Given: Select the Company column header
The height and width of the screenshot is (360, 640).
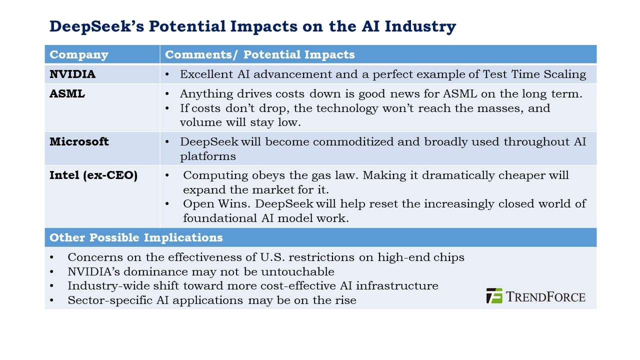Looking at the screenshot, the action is (79, 54).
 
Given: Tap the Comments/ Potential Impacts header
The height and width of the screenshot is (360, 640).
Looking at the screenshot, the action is (259, 54).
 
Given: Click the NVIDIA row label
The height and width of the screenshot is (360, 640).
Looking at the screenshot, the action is (72, 74).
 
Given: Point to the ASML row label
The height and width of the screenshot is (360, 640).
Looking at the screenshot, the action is (67, 93).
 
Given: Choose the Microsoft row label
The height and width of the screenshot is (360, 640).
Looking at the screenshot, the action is (79, 141).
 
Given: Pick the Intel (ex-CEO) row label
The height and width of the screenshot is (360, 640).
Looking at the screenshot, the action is (93, 175).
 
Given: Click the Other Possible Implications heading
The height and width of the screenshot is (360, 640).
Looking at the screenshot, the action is (136, 237).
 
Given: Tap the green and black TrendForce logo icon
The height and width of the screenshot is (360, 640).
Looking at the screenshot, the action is (494, 295).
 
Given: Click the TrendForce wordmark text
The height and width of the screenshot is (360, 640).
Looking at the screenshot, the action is (545, 297).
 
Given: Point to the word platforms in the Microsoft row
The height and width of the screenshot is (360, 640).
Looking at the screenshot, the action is (207, 156).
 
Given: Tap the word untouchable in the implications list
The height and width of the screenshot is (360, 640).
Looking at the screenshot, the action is (297, 271).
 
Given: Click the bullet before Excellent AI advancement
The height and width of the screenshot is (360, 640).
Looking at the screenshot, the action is (167, 75).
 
